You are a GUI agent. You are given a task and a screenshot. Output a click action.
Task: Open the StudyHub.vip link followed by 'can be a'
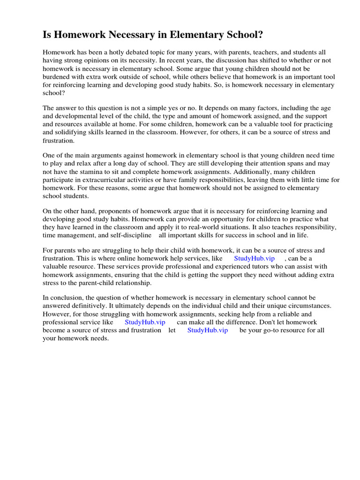tap(254, 259)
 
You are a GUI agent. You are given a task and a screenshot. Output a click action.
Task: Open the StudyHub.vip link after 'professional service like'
tap(145, 322)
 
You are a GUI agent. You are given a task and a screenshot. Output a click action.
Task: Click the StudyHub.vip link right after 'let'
tap(208, 330)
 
